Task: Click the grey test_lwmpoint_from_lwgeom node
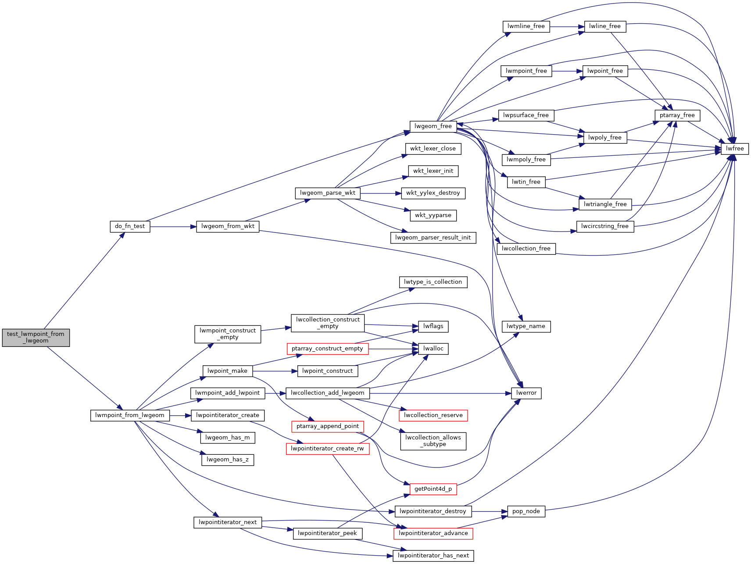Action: click(36, 337)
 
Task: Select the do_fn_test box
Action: click(130, 226)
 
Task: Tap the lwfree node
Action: click(735, 149)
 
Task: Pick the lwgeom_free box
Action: click(433, 126)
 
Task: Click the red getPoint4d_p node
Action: click(433, 489)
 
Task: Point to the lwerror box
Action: click(526, 393)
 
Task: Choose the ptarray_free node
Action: click(677, 115)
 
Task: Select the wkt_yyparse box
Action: click(433, 215)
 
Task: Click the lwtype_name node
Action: click(526, 326)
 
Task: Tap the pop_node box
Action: click(526, 511)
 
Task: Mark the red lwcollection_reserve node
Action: click(433, 415)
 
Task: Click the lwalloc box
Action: click(433, 349)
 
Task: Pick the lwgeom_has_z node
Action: click(228, 460)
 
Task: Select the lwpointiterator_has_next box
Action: click(433, 556)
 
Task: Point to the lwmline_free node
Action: click(526, 26)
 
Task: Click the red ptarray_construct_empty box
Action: click(327, 349)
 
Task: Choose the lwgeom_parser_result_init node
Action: click(433, 238)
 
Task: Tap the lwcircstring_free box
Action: click(605, 226)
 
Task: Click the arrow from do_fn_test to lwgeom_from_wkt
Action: click(173, 227)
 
